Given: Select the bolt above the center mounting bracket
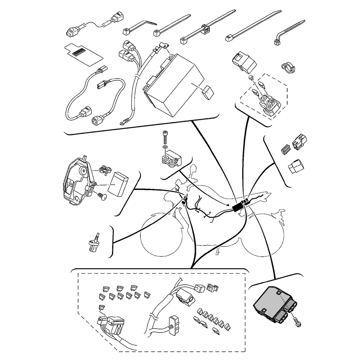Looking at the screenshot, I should (165, 136).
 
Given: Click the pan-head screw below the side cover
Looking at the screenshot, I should (102, 196).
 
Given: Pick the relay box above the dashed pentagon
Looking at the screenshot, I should (244, 61).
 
